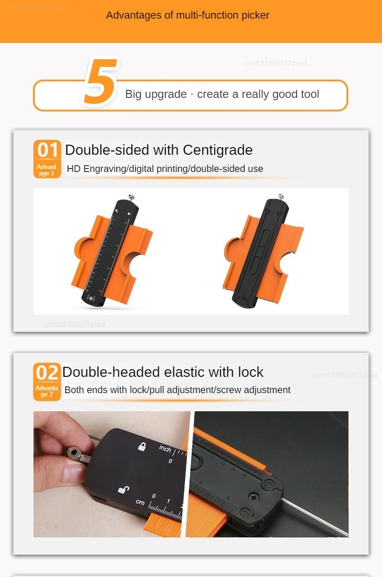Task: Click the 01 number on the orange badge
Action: pos(47,150)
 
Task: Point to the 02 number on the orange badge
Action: pos(47,373)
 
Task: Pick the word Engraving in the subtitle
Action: pos(105,169)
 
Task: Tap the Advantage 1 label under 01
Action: pos(47,170)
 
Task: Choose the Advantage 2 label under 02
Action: pos(47,391)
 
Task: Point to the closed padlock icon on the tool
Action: pos(142,447)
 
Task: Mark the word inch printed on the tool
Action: pos(165,449)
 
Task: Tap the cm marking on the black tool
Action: pos(140,502)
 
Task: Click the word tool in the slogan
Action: pos(310,94)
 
